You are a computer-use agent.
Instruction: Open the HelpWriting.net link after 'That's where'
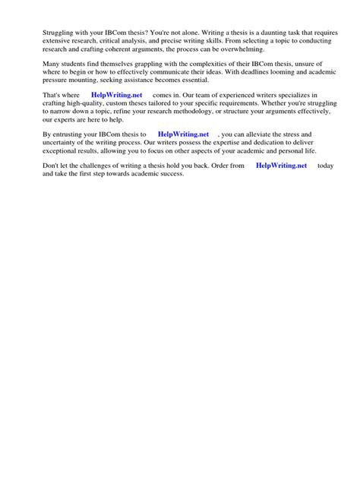pos(116,95)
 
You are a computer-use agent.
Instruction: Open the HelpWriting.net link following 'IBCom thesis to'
pos(183,134)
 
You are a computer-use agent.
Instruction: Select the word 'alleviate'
pos(264,134)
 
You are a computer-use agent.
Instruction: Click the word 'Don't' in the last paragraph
pos(52,166)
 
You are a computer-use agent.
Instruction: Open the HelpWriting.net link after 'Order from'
pos(281,166)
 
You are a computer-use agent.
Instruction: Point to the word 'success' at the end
pos(170,174)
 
